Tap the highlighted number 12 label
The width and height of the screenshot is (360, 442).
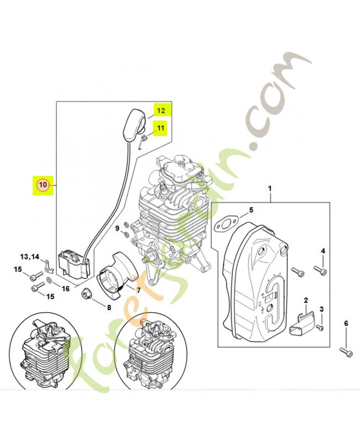[x=161, y=110]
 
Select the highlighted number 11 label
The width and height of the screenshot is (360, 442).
[x=161, y=129]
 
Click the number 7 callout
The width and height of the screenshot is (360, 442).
[x=138, y=290]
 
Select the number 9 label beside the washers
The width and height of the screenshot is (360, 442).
[x=117, y=229]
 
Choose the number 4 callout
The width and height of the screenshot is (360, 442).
[x=323, y=252]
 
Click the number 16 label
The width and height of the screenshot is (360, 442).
[x=66, y=288]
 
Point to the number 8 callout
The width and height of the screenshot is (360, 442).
[x=109, y=307]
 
